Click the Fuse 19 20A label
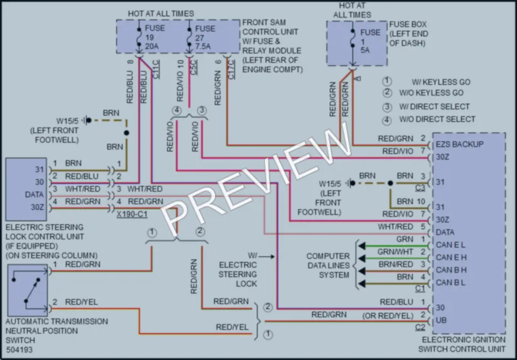click(x=155, y=37)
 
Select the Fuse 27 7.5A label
click(x=205, y=38)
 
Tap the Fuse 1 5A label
click(x=370, y=41)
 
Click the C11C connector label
click(x=156, y=69)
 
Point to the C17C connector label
click(x=231, y=70)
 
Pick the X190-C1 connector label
click(x=132, y=214)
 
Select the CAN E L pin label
click(x=450, y=245)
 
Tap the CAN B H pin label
click(x=451, y=270)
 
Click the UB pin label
click(x=441, y=320)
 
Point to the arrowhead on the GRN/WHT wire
click(x=362, y=258)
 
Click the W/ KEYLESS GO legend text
click(x=441, y=82)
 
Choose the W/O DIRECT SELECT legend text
click(x=437, y=119)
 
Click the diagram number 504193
click(x=19, y=349)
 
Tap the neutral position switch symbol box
click(x=28, y=290)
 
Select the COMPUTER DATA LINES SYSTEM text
click(x=328, y=265)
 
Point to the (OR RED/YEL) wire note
click(x=388, y=316)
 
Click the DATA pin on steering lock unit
click(x=35, y=195)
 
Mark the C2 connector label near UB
click(x=420, y=327)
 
